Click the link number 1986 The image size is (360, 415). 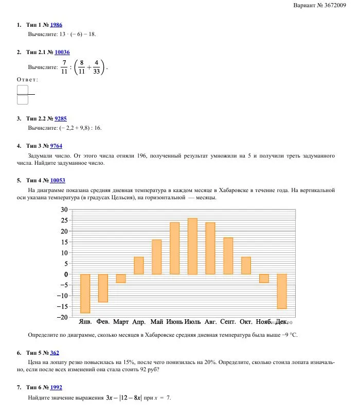tap(57, 25)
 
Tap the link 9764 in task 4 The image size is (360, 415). tap(56, 146)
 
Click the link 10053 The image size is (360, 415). tap(58, 181)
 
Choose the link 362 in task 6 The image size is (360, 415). tap(55, 353)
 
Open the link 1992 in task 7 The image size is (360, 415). tap(56, 387)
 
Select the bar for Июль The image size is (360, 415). tap(192, 246)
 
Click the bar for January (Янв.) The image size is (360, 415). tap(85, 293)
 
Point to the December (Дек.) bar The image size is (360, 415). tap(281, 291)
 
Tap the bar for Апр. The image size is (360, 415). tap(139, 265)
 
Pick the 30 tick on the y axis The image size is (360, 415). tap(64, 210)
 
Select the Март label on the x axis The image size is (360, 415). tap(121, 322)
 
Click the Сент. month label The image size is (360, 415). tap(228, 322)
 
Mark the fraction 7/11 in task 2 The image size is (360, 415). tap(64, 67)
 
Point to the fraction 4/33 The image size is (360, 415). tap(97, 67)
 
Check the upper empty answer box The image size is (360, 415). tap(23, 90)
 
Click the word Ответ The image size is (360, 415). tap(28, 80)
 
